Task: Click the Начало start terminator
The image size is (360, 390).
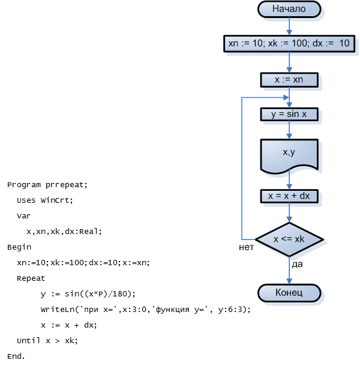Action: (289, 9)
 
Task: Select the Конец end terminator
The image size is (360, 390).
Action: (289, 293)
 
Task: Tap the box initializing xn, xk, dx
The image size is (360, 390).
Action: (289, 44)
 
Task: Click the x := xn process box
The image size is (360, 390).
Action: (289, 80)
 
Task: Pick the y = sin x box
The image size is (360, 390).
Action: (289, 115)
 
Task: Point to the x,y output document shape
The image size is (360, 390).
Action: (289, 154)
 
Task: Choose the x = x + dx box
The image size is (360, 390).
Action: (289, 196)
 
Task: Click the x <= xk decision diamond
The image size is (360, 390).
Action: (289, 239)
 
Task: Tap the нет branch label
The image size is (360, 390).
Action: (247, 247)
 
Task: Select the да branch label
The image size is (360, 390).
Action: (296, 265)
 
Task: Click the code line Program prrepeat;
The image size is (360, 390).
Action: (47, 184)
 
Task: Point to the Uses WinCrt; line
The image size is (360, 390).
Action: (45, 200)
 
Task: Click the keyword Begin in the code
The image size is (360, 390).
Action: (19, 247)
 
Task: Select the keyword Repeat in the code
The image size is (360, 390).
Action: (31, 278)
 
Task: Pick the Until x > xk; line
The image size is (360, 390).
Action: (47, 340)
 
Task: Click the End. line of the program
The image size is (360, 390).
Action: (16, 356)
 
